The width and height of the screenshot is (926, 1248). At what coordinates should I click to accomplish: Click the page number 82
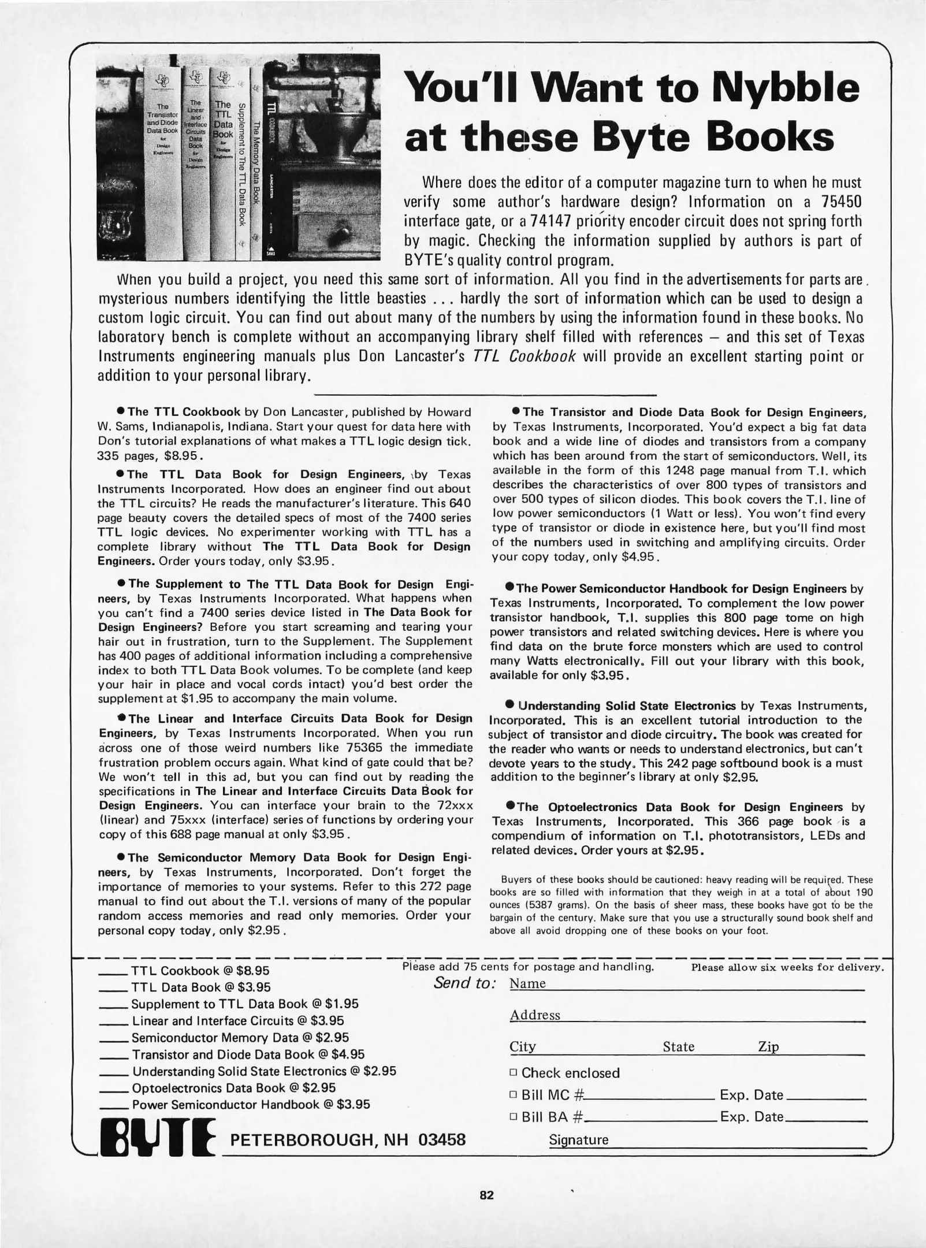click(x=486, y=1195)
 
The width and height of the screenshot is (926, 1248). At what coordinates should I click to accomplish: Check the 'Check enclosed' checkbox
click(x=512, y=1073)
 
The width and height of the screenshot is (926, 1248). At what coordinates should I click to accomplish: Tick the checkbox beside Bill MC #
click(x=512, y=1095)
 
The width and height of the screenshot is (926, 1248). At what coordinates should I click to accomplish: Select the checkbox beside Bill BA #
click(x=512, y=1117)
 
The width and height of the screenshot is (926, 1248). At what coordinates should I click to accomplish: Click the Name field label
click(x=527, y=983)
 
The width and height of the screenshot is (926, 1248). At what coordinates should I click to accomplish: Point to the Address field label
click(x=535, y=1015)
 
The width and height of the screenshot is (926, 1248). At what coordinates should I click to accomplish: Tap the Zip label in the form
click(x=768, y=1047)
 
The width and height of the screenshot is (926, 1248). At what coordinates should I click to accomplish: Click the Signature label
click(x=578, y=1140)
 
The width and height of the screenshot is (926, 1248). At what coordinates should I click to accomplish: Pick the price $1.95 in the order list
click(x=342, y=1004)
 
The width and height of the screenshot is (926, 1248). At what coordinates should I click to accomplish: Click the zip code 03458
click(x=442, y=1140)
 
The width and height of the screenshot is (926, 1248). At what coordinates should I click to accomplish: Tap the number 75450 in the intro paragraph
click(x=841, y=202)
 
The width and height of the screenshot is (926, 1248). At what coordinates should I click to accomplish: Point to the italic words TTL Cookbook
click(x=524, y=356)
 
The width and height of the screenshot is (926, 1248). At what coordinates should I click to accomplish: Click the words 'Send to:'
click(x=465, y=983)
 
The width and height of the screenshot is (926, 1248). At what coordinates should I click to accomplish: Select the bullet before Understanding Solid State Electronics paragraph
click(x=510, y=705)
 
